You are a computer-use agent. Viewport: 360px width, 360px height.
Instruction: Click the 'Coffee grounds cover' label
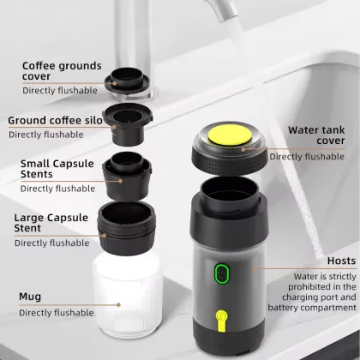62,71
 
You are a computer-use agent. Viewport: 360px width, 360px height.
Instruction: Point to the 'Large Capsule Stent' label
52,223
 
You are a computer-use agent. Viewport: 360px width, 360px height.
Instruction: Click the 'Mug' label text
30,296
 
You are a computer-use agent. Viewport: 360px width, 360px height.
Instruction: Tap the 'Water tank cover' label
315,136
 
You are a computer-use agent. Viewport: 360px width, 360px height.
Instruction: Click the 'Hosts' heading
341,261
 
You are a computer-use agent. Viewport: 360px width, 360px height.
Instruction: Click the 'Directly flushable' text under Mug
56,313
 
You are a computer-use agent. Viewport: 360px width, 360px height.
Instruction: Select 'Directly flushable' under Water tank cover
307,157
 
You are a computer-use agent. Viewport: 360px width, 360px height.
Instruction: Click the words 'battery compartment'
311,307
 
